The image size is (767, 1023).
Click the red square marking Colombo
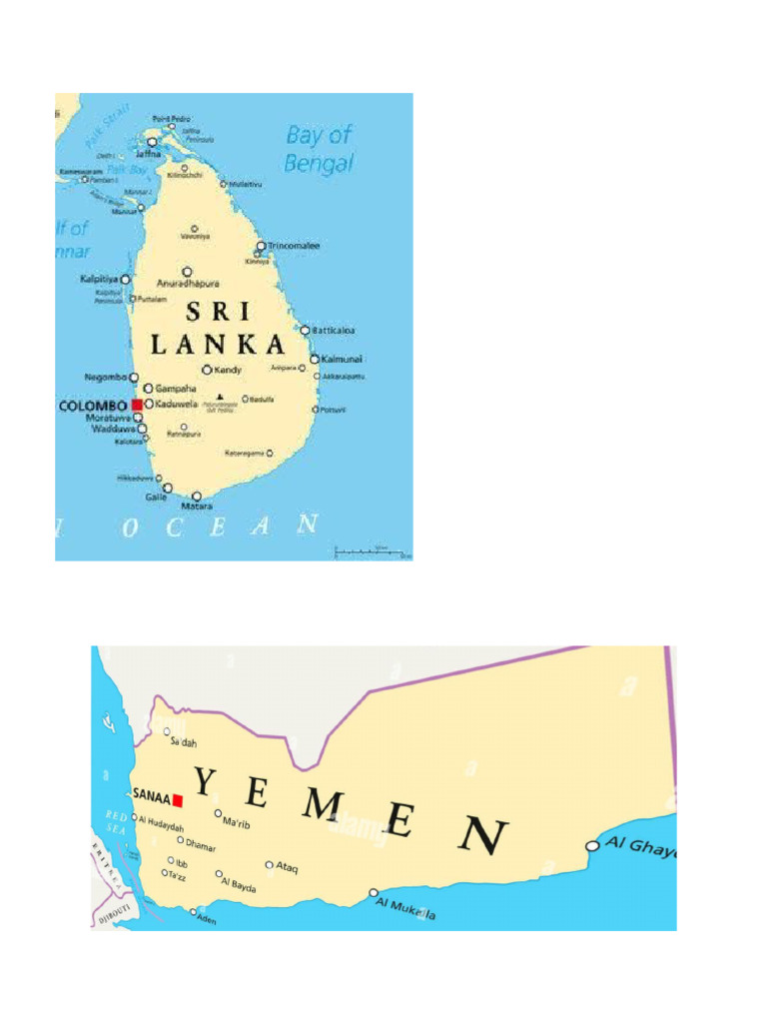(137, 405)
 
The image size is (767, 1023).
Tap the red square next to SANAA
(178, 799)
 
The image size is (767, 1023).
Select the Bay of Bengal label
(320, 149)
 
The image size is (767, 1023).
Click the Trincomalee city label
(294, 246)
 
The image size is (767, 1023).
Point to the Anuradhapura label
(188, 284)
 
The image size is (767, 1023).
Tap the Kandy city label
(229, 370)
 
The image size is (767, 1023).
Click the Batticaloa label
(335, 330)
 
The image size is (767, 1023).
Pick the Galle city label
(156, 497)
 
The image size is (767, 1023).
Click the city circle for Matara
(196, 496)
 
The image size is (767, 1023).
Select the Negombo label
(106, 377)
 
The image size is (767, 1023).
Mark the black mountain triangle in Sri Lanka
(220, 398)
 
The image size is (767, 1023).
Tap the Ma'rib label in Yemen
(237, 823)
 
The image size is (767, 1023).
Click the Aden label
(207, 919)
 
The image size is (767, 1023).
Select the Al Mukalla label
(405, 907)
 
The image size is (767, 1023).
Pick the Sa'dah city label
(184, 742)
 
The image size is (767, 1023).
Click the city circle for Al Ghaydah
(592, 846)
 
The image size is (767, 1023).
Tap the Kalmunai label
(343, 359)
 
